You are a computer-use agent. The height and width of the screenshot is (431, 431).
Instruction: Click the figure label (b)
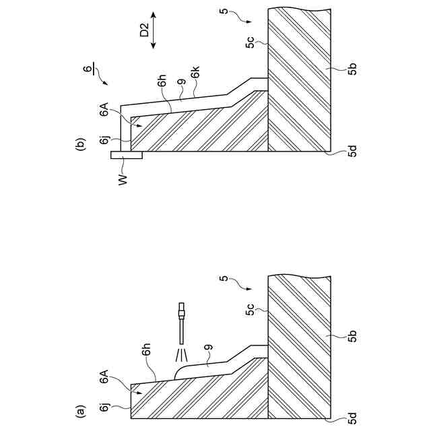click(81, 144)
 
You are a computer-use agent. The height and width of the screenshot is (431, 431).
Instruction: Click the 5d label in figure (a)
click(354, 420)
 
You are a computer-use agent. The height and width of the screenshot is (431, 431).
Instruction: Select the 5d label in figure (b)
click(354, 152)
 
